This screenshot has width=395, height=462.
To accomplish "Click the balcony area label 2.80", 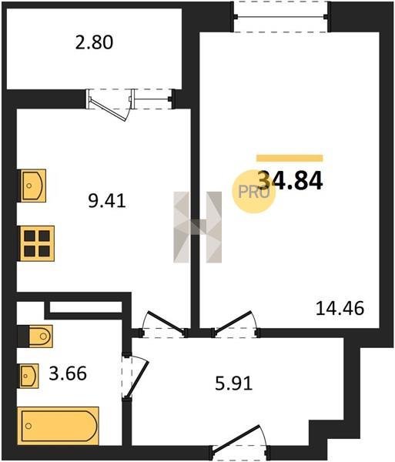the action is click(94, 42).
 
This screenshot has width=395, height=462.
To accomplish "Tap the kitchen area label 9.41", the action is click(107, 201).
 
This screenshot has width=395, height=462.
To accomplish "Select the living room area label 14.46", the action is click(340, 309).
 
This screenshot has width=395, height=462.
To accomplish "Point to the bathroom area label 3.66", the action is click(68, 373).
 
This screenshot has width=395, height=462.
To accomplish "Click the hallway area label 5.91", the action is click(234, 384).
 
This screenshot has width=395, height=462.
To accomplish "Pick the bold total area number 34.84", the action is click(290, 180).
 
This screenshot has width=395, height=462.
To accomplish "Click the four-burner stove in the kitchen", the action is click(37, 243).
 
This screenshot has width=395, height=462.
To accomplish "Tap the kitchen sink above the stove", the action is click(32, 186).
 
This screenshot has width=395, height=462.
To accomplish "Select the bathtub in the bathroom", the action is click(58, 426).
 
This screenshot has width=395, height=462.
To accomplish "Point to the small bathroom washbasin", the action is click(28, 376).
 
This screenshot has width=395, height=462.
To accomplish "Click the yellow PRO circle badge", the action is click(253, 192).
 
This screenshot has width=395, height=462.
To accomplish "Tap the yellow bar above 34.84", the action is click(290, 158).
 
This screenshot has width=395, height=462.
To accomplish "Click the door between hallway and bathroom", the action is click(135, 375).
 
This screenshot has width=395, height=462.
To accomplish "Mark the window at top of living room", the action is click(281, 16).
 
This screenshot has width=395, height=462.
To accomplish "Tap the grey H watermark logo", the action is click(197, 227).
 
